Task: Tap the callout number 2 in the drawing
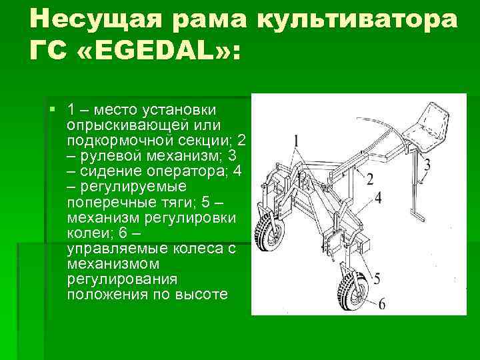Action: click(x=369, y=177)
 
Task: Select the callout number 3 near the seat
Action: click(x=427, y=164)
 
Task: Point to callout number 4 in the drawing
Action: click(x=378, y=198)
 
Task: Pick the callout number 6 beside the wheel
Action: click(x=381, y=304)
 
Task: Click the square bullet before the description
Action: click(x=52, y=108)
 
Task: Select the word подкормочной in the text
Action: click(x=115, y=141)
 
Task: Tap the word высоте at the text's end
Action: click(x=203, y=294)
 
